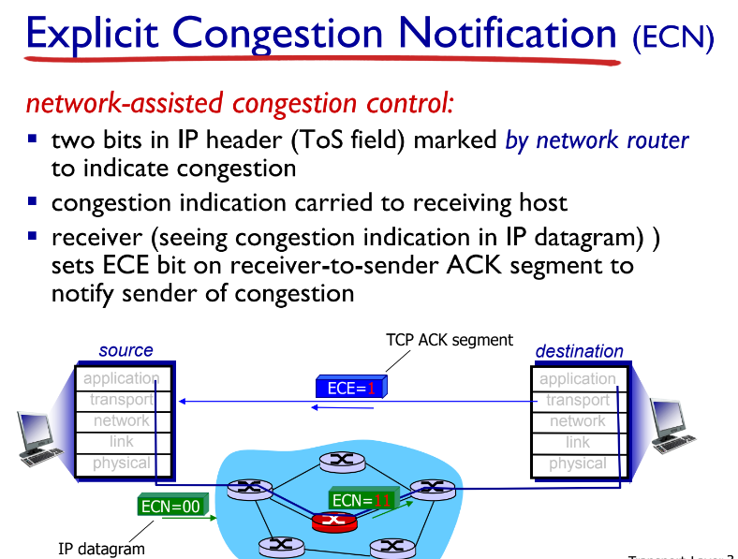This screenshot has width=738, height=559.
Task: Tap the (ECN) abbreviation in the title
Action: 672,38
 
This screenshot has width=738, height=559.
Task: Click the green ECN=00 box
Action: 170,506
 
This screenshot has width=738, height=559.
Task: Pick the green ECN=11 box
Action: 361,501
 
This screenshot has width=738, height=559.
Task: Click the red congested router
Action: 332,522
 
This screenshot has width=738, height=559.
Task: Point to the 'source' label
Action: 125,350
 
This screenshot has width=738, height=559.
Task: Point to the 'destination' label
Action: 579,351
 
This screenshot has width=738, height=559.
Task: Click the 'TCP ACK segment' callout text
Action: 450,340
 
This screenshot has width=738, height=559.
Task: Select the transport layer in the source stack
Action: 121,400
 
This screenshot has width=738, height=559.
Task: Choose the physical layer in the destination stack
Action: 577,463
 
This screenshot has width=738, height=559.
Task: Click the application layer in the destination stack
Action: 577,379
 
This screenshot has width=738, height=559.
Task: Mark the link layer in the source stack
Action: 121,442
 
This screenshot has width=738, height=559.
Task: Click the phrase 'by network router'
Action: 597,140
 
